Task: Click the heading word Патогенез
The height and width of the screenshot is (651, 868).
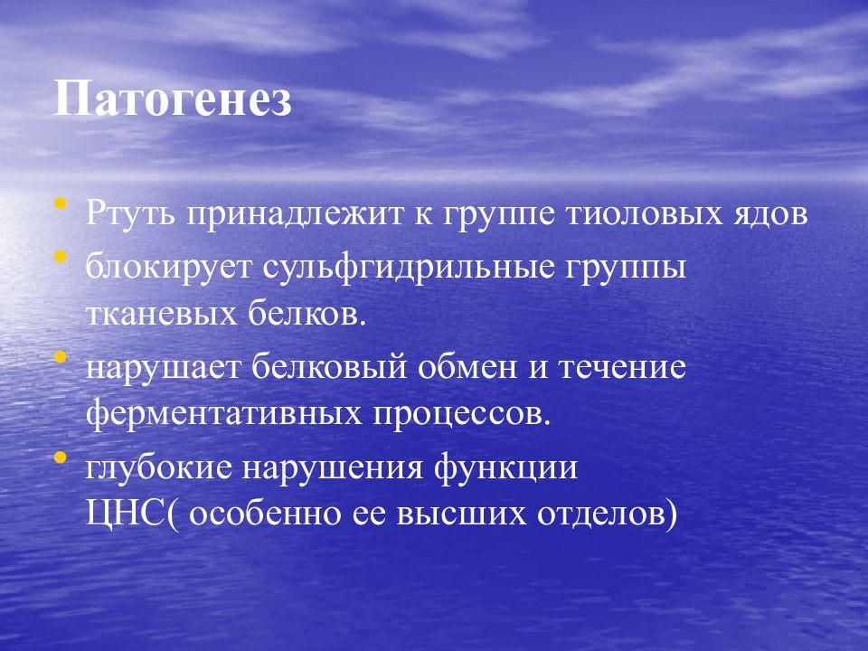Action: (x=172, y=99)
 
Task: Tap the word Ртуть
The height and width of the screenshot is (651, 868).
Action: (x=131, y=213)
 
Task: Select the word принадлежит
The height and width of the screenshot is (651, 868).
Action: (x=295, y=213)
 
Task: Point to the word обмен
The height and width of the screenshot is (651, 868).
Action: (x=467, y=366)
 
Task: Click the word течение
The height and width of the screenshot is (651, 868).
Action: (x=622, y=368)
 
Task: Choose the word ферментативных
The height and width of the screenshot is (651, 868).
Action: (x=223, y=415)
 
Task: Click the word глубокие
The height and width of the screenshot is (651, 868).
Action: (x=159, y=467)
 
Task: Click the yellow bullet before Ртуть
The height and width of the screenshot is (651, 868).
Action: (x=61, y=203)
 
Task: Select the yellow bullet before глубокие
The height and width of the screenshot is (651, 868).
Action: (x=61, y=458)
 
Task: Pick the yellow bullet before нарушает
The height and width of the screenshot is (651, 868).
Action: (x=61, y=356)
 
